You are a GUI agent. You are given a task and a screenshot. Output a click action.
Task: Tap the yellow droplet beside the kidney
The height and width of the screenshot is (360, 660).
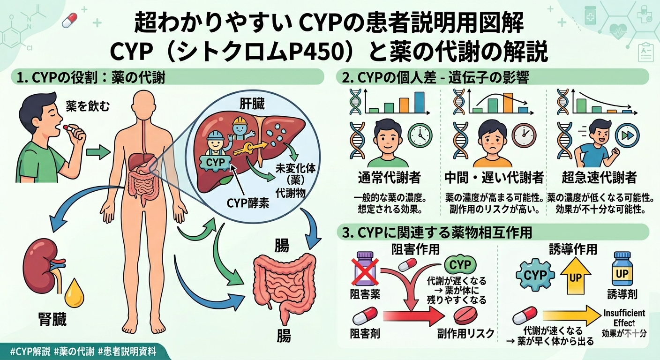click(74, 293)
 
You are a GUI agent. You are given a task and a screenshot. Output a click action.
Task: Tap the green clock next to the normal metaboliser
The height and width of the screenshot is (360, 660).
click(420, 135)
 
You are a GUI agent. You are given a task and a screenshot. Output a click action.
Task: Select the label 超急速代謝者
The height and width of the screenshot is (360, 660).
click(599, 178)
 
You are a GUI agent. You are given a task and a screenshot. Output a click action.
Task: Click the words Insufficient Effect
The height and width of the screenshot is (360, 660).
click(623, 318)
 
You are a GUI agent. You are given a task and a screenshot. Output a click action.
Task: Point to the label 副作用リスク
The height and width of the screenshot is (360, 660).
click(466, 334)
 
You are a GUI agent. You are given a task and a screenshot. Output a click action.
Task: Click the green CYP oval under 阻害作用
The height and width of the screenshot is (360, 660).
click(459, 265)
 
